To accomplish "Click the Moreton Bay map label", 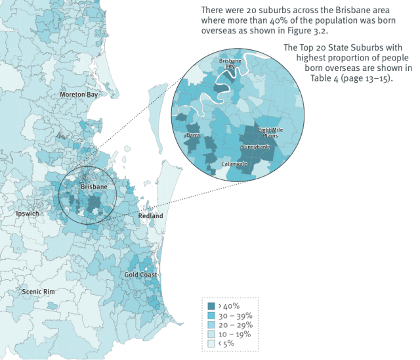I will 78,95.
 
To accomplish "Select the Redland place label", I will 150,216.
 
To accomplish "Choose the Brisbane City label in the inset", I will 230,64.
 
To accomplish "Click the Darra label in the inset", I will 193,135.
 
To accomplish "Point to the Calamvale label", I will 234,163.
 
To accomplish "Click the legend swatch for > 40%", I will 211,305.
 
